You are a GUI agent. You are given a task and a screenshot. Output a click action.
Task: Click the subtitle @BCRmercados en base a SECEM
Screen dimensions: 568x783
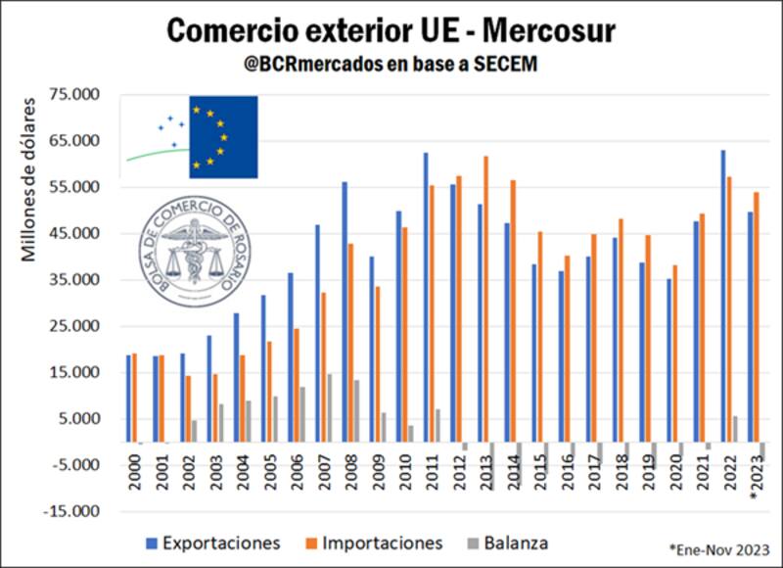point(391,64)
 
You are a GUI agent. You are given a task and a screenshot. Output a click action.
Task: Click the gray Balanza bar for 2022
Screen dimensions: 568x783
point(735,429)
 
